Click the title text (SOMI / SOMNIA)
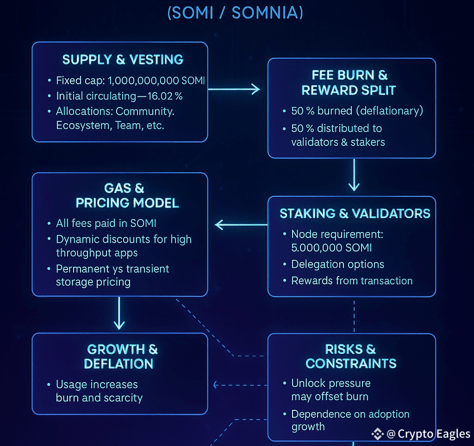click(235, 13)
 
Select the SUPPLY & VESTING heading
click(123, 59)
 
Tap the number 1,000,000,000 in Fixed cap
click(143, 81)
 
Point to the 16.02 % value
click(165, 96)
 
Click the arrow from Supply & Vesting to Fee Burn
click(234, 89)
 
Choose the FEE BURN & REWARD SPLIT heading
click(349, 82)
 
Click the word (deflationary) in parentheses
click(390, 111)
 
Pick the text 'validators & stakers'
click(338, 142)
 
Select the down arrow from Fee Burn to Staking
click(354, 175)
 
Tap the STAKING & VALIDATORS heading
click(355, 214)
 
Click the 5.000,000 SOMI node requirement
click(331, 248)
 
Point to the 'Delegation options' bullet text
click(337, 264)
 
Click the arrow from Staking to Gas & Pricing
click(241, 225)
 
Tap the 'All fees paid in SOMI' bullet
click(106, 223)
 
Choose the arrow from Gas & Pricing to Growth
click(119, 313)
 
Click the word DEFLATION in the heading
click(118, 364)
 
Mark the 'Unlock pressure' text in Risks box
click(331, 383)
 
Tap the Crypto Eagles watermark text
click(434, 433)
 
